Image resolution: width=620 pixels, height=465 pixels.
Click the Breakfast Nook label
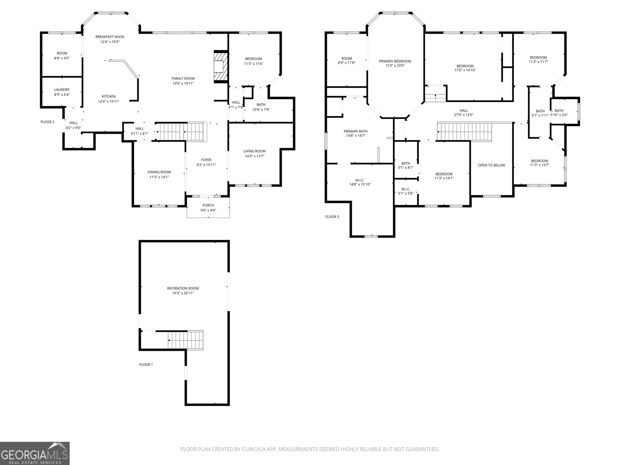(x=110, y=37)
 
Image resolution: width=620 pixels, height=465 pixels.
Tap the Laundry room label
(x=62, y=90)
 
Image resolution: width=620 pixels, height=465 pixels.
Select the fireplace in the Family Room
(x=220, y=67)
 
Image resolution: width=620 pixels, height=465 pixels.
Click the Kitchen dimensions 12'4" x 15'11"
(x=109, y=102)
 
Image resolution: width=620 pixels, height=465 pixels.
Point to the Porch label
(x=208, y=205)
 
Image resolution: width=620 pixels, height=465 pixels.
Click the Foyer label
(x=206, y=160)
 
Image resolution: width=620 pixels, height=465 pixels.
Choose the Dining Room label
(x=159, y=172)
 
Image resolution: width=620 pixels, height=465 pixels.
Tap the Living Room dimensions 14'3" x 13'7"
(x=255, y=156)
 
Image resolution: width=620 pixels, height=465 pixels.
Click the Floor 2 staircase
(x=181, y=132)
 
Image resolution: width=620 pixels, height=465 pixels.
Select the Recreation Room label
(x=183, y=288)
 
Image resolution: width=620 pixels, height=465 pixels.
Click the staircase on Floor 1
(x=186, y=340)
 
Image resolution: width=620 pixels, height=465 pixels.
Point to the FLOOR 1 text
(x=146, y=365)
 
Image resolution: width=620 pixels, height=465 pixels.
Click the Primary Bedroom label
(x=395, y=61)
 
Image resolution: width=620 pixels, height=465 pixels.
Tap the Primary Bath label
(x=356, y=131)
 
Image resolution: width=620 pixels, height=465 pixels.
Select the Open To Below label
(x=491, y=165)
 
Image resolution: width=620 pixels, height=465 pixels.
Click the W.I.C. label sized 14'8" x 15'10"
(x=360, y=180)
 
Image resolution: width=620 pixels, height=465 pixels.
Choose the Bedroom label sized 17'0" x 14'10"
(x=465, y=66)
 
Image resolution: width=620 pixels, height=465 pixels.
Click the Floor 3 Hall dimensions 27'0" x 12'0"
(x=463, y=115)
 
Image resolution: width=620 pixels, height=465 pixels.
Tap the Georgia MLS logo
(x=35, y=453)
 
